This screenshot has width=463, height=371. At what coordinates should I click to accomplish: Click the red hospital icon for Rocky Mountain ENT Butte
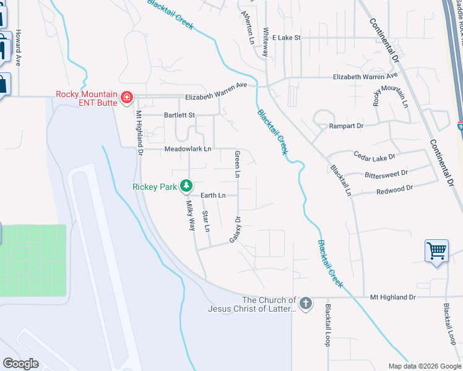[x=126, y=97]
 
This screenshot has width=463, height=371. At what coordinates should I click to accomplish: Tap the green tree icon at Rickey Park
[x=185, y=185]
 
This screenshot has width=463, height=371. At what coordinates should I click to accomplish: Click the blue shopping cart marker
[x=436, y=251]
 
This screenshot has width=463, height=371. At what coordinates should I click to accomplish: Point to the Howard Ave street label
[x=19, y=48]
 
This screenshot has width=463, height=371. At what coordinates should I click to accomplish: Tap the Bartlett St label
[x=179, y=115]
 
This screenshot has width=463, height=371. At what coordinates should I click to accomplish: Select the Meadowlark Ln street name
[x=188, y=149]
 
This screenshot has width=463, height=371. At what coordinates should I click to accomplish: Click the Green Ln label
[x=236, y=164]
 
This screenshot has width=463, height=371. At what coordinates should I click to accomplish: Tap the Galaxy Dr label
[x=235, y=229]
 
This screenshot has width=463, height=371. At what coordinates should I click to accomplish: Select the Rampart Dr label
[x=347, y=126]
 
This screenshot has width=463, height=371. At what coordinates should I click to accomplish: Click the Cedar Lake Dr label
[x=373, y=156]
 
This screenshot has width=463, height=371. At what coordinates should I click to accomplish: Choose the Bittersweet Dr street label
[x=386, y=174]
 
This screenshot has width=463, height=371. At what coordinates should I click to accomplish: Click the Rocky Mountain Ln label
[x=390, y=90]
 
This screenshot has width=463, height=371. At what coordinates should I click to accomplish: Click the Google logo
[x=20, y=364]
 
